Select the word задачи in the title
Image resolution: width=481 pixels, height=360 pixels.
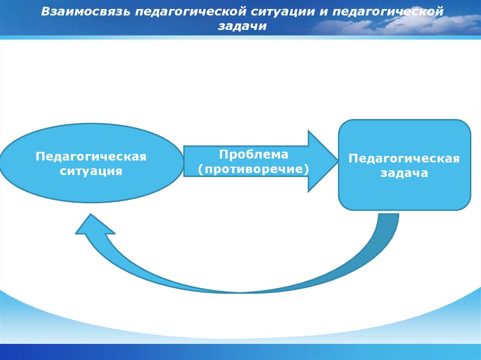(x=241, y=26)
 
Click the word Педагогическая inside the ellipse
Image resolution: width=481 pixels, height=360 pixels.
(x=91, y=156)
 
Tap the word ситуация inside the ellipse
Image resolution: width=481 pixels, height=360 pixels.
(x=91, y=171)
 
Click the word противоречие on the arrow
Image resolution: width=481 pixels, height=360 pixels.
(x=254, y=169)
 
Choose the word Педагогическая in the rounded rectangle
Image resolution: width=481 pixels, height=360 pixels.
(x=404, y=158)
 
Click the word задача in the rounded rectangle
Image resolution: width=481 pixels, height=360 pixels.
(x=404, y=173)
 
